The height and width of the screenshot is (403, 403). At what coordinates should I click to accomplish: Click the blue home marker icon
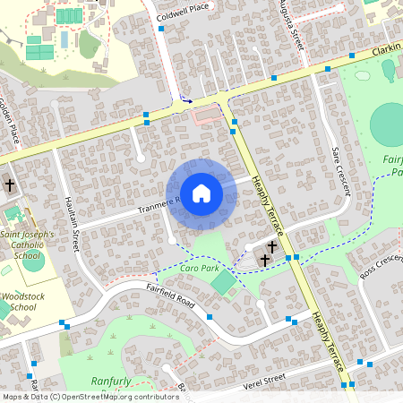click(201, 193)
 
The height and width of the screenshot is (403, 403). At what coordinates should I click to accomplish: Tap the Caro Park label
click(175, 269)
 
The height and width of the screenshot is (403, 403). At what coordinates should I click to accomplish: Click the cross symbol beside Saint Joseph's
click(9, 185)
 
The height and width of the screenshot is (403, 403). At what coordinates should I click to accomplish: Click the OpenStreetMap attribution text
click(90, 397)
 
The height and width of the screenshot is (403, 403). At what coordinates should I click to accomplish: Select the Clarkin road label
click(386, 50)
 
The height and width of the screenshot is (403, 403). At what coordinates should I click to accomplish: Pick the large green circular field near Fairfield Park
click(388, 124)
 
